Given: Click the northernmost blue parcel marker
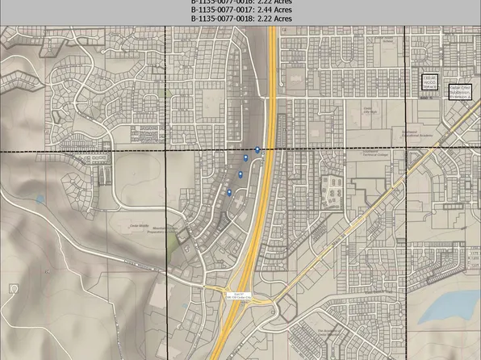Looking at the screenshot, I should [x=257, y=149].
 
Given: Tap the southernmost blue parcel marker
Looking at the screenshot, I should [x=229, y=191].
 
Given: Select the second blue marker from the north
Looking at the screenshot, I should [x=246, y=157].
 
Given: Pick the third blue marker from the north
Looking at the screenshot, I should [x=240, y=174].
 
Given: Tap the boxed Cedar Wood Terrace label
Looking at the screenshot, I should [x=429, y=82].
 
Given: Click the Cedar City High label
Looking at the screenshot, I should [x=368, y=111].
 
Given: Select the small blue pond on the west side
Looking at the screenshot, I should [x=40, y=199].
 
